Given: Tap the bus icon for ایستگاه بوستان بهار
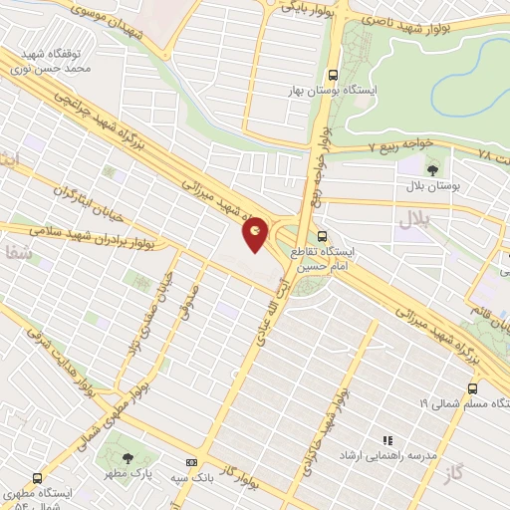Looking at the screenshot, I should [333, 75].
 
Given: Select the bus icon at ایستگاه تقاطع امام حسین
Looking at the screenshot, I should [322, 236].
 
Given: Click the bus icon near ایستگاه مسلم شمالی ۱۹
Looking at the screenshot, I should [472, 389].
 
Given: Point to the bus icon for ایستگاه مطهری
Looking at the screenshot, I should [38, 478].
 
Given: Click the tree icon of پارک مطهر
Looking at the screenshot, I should [127, 458].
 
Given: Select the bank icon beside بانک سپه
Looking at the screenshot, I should [190, 463].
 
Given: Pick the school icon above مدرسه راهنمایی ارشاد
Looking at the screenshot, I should [387, 439].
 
